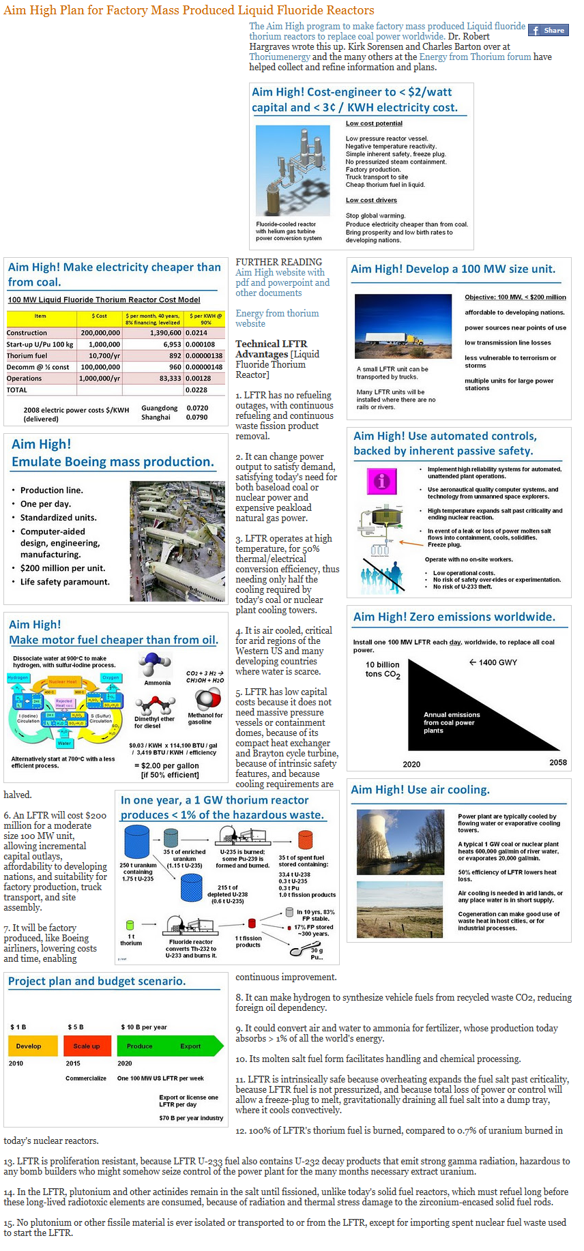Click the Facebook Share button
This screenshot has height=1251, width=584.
(x=549, y=30)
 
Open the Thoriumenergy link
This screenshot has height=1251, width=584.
(x=280, y=57)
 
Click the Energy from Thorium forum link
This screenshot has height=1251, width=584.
(x=475, y=57)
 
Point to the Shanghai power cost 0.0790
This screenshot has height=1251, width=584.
(x=197, y=417)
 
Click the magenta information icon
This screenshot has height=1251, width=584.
(x=382, y=481)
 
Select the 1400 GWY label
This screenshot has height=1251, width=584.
(x=493, y=662)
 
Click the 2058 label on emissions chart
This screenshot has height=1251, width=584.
(x=558, y=762)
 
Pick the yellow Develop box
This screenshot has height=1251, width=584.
(x=31, y=1046)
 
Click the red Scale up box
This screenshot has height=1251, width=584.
(x=87, y=1046)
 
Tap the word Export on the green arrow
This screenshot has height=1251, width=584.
(x=190, y=1046)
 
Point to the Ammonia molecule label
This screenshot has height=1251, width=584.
(x=158, y=683)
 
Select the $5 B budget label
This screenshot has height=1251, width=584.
(x=76, y=1027)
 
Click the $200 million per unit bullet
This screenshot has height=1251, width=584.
(x=63, y=568)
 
